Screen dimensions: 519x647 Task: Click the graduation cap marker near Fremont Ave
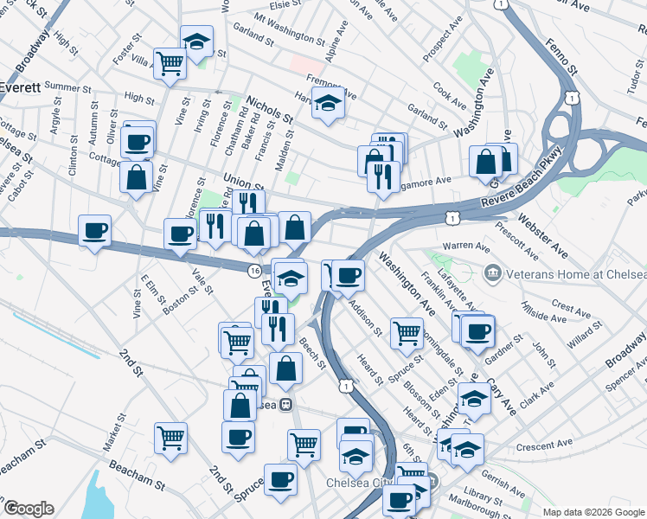click(x=329, y=103)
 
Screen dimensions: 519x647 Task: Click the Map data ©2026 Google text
click(x=593, y=511)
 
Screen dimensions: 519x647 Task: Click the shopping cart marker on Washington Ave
click(x=407, y=332)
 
